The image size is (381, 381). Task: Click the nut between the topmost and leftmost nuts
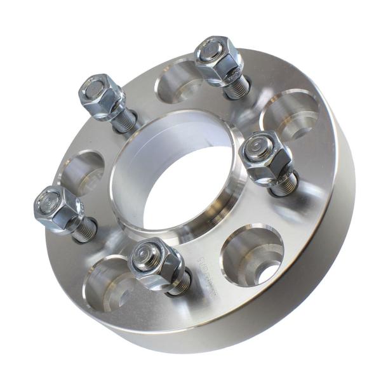[102, 95]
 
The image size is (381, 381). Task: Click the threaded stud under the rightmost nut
[284, 184]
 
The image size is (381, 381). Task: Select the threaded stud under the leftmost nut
[84, 230]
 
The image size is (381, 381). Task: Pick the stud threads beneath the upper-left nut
[124, 121]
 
